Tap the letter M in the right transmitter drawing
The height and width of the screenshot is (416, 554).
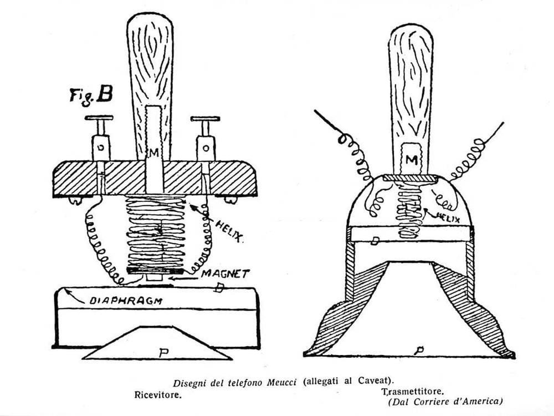[411, 160]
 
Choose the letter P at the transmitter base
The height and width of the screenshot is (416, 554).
[420, 349]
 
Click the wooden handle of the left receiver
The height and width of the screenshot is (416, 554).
[150, 61]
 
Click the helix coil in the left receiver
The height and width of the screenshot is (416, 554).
[156, 233]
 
